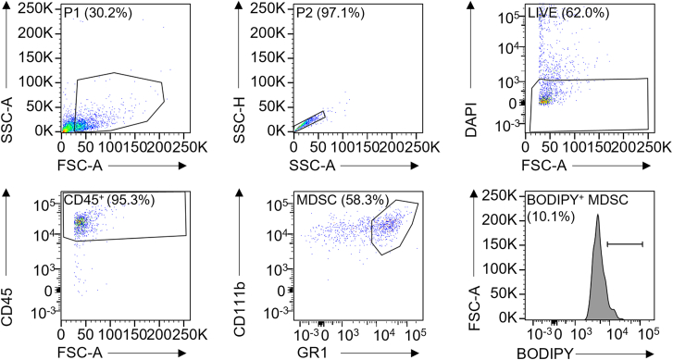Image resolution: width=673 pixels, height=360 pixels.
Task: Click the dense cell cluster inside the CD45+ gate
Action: coord(81,222)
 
